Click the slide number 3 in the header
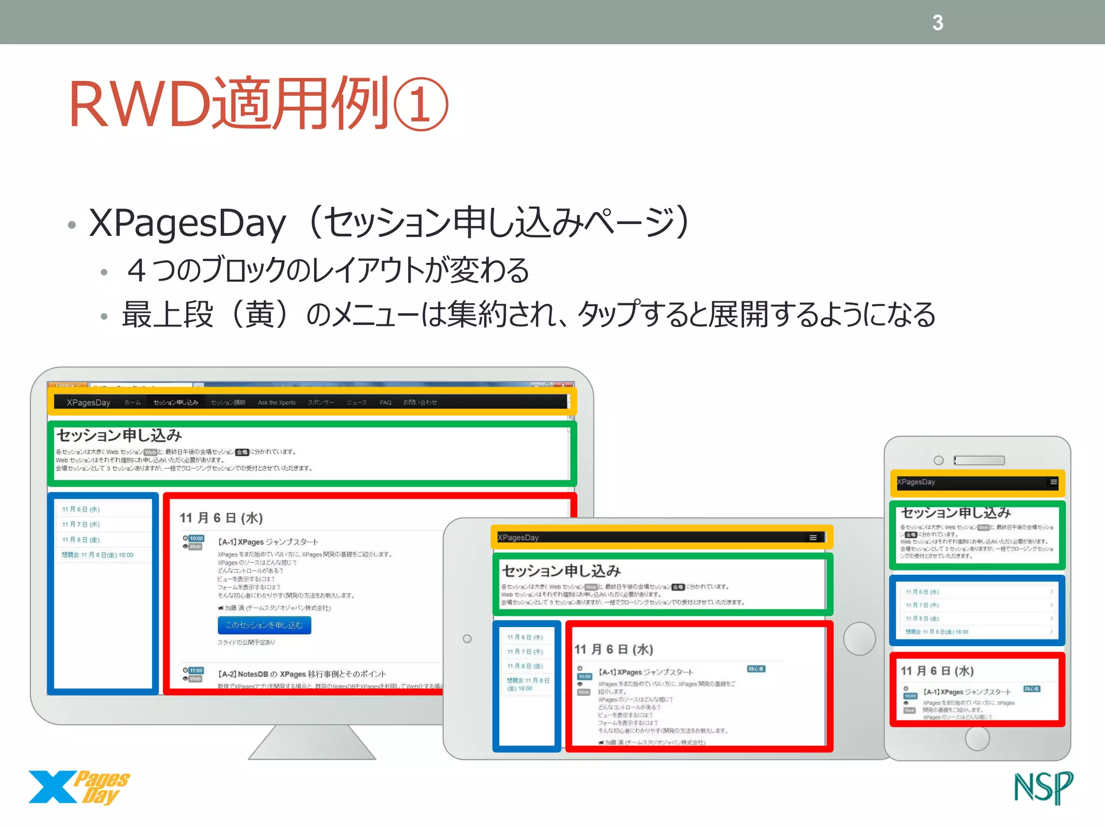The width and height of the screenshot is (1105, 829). [x=938, y=23]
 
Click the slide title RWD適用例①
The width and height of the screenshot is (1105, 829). [x=258, y=104]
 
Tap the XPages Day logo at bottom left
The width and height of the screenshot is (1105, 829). [x=79, y=787]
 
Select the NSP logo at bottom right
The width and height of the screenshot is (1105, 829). [x=1043, y=788]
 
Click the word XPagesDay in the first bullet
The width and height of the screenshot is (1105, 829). [x=187, y=223]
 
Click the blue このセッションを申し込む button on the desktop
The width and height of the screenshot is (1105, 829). [x=264, y=625]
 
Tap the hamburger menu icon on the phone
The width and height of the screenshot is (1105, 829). [x=1053, y=482]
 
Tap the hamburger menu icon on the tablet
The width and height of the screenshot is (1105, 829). [x=813, y=538]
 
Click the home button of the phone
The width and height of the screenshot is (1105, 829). [x=977, y=739]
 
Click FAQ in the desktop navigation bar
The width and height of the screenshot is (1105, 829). [x=385, y=403]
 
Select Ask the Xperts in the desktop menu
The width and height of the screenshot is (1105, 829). [x=277, y=403]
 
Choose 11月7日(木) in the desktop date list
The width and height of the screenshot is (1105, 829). [x=81, y=525]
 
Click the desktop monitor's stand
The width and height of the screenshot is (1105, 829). [x=311, y=743]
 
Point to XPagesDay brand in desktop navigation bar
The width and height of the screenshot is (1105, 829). [x=88, y=403]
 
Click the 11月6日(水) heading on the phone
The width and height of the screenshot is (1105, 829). [x=937, y=671]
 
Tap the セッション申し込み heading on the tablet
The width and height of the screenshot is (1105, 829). [x=561, y=571]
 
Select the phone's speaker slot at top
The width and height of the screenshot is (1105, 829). [x=979, y=460]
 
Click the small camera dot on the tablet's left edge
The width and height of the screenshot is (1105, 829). [x=467, y=639]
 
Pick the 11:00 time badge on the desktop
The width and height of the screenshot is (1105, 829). [x=196, y=670]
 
